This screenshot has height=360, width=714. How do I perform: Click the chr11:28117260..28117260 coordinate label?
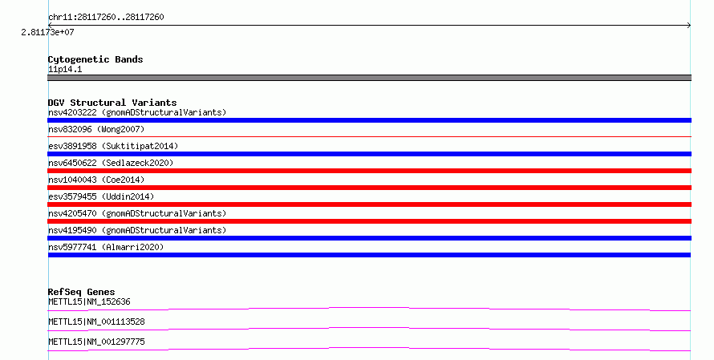(106, 18)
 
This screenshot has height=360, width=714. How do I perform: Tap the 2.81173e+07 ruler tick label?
(47, 32)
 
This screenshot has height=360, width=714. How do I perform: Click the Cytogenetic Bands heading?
(95, 59)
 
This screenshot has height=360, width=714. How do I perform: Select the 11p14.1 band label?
(65, 69)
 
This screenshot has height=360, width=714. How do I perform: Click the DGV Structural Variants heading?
(112, 103)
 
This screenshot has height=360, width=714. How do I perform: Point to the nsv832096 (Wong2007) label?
(96, 129)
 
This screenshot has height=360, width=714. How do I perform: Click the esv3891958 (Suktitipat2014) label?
(113, 146)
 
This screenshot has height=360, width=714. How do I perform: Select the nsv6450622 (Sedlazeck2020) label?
(111, 163)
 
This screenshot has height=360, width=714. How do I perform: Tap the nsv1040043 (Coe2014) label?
(96, 180)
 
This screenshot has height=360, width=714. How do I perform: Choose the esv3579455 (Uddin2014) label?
(101, 196)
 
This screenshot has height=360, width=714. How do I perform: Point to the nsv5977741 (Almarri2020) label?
(106, 247)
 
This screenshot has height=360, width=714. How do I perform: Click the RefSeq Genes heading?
(82, 292)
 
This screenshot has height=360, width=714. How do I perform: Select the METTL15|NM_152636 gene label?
(89, 301)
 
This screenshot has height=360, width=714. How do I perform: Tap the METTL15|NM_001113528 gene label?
(96, 322)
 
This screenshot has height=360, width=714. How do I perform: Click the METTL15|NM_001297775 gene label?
(96, 342)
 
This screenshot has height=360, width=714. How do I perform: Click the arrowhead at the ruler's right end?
(689, 25)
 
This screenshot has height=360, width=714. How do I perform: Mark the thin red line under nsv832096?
(369, 136)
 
